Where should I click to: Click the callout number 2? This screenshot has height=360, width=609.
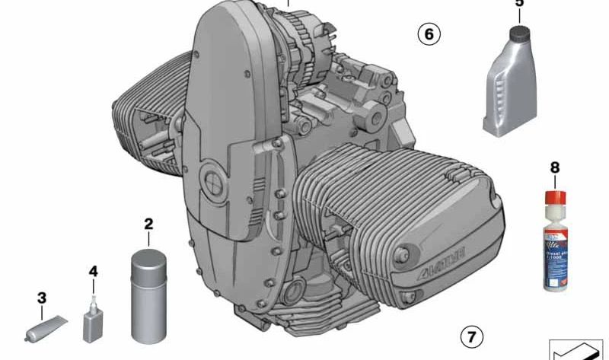(x=148, y=224)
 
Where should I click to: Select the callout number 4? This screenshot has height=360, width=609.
(x=94, y=271)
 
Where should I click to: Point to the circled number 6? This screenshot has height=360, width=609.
(x=429, y=34)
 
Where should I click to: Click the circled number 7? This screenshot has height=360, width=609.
(x=471, y=336)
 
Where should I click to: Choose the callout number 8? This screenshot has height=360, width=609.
(x=554, y=166)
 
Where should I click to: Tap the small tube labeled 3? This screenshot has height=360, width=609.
(x=45, y=327)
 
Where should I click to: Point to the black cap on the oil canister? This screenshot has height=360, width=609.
(x=521, y=33)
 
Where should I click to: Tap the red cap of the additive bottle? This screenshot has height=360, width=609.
(x=554, y=195)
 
